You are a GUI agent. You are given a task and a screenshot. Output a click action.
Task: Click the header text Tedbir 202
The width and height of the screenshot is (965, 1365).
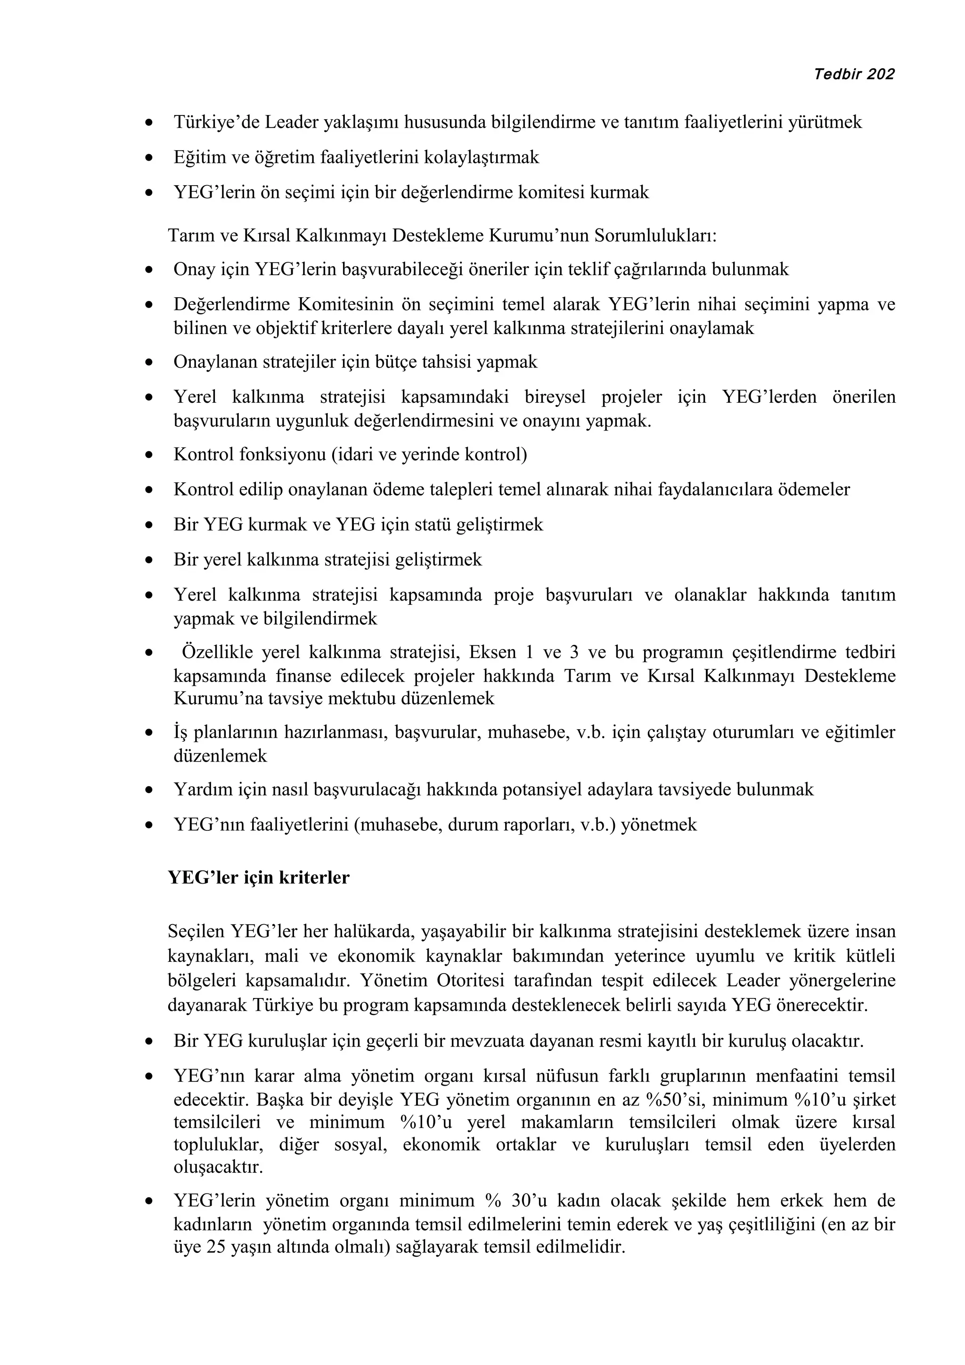pos(853,74)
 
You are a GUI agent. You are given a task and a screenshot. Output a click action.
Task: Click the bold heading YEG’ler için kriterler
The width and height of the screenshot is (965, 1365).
pos(259,877)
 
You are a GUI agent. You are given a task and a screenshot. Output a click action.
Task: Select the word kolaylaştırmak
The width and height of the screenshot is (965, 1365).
pos(481,157)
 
